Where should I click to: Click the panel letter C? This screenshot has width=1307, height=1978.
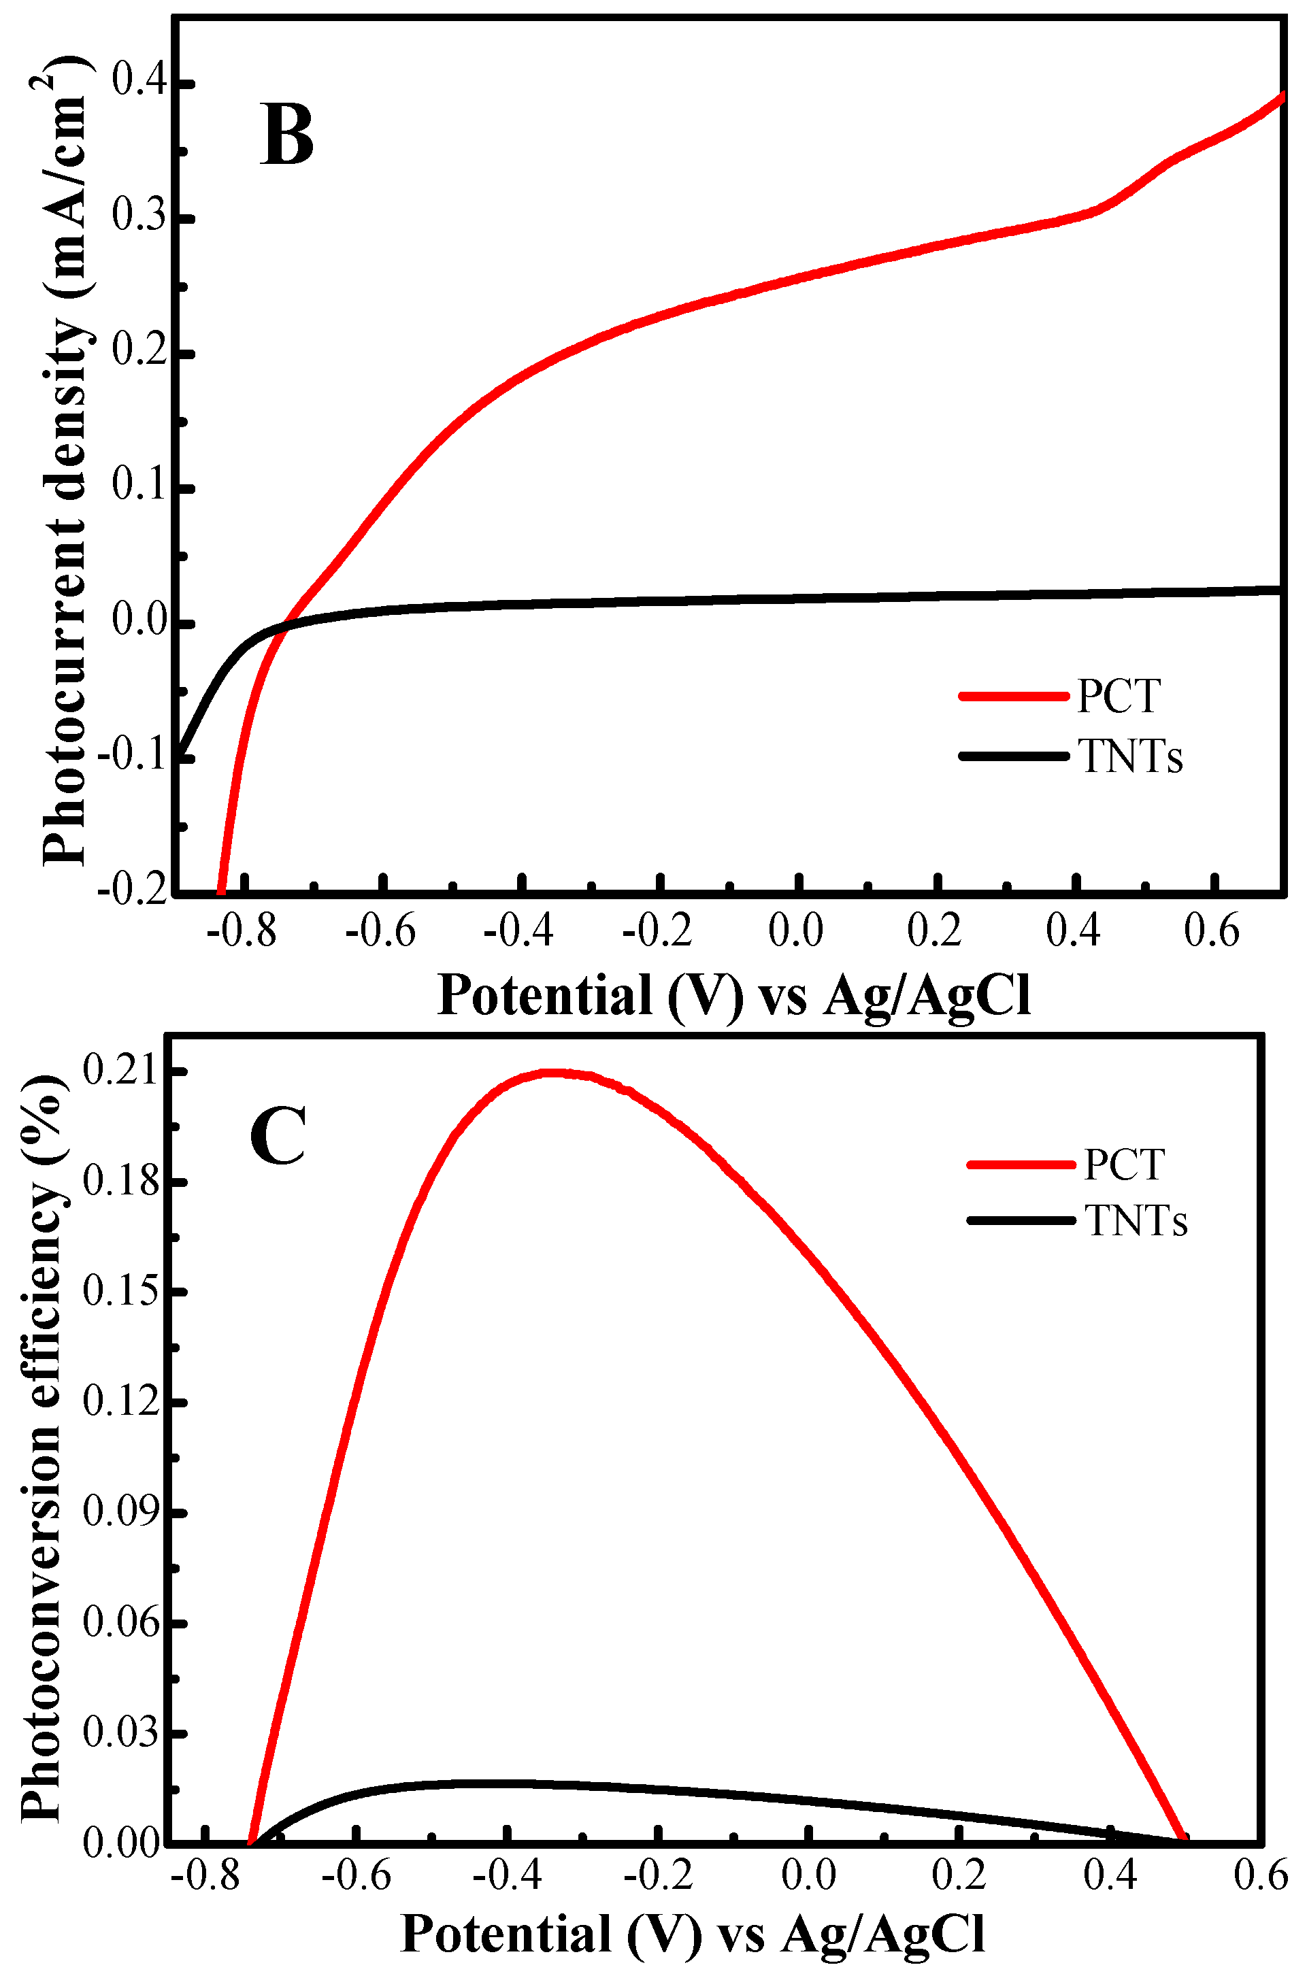(x=278, y=1136)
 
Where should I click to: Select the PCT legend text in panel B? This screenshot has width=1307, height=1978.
(x=1118, y=697)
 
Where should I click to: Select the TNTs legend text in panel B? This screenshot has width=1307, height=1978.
(x=1130, y=756)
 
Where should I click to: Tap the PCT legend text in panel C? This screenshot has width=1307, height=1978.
(x=1123, y=1164)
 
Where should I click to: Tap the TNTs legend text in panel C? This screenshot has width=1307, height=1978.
(x=1136, y=1222)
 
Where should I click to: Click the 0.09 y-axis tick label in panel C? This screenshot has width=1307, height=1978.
(x=121, y=1512)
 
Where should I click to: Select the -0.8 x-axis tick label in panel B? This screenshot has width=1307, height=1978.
(x=242, y=931)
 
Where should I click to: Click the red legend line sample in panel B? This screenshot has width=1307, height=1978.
(x=1013, y=696)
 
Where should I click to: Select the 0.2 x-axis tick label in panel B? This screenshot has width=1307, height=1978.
(x=936, y=931)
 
